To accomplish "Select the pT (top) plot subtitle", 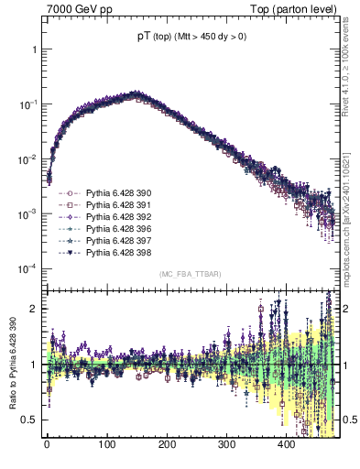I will [186, 37].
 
